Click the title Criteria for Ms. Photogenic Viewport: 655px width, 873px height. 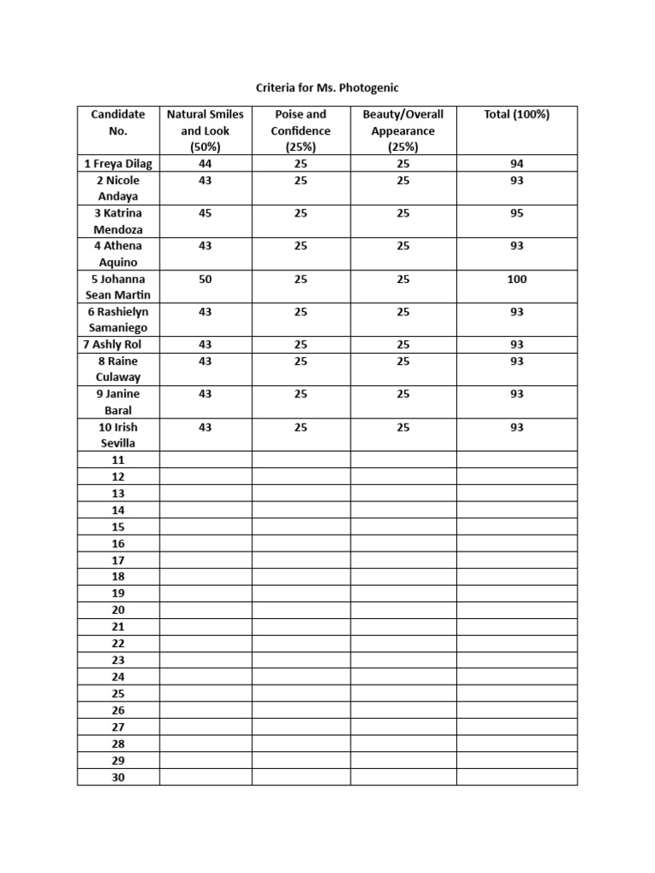tap(327, 87)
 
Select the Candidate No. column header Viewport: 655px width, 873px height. tap(118, 123)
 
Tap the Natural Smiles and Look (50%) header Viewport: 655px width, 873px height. tap(205, 130)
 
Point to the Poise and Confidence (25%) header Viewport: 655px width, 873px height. tap(300, 130)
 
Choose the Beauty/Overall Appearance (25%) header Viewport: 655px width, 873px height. tap(403, 130)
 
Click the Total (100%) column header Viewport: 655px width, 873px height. tap(516, 114)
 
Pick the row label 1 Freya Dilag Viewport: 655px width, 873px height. tap(118, 164)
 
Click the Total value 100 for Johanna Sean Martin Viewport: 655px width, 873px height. tap(516, 280)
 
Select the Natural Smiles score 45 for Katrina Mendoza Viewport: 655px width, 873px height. tap(205, 213)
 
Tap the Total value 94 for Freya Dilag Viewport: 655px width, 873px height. tap(516, 164)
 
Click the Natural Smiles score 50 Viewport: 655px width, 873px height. tap(205, 280)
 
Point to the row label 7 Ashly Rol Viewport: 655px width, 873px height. tap(118, 344)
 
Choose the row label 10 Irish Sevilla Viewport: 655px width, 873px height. tap(118, 435)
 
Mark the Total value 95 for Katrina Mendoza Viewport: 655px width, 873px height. tap(516, 213)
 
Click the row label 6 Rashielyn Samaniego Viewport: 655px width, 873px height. tap(118, 320)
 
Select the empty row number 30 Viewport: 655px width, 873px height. tap(118, 778)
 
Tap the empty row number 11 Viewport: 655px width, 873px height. tap(118, 460)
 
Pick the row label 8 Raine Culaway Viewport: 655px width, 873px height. tap(118, 369)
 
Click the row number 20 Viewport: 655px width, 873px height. tap(118, 610)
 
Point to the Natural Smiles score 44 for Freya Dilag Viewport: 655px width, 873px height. tap(205, 164)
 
